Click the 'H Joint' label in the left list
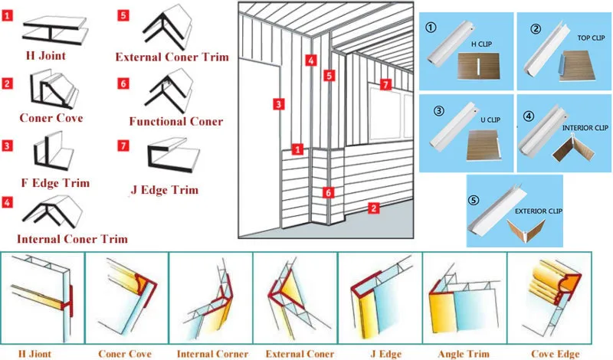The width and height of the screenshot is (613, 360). [x=47, y=56]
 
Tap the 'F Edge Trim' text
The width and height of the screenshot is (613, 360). [x=55, y=182]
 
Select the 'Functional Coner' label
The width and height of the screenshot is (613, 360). [x=175, y=121]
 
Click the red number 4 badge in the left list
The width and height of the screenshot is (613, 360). [x=7, y=203]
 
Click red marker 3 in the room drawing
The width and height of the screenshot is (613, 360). [x=280, y=103]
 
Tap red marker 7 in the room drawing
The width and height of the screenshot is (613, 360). [x=385, y=83]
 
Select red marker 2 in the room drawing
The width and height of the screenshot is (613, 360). [x=373, y=207]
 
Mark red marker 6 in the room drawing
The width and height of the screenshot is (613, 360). [x=328, y=192]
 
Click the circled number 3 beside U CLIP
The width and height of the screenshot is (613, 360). [x=439, y=110]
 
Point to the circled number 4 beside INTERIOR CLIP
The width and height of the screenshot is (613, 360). [x=528, y=116]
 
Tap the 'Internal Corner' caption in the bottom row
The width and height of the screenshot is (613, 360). [x=212, y=354]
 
